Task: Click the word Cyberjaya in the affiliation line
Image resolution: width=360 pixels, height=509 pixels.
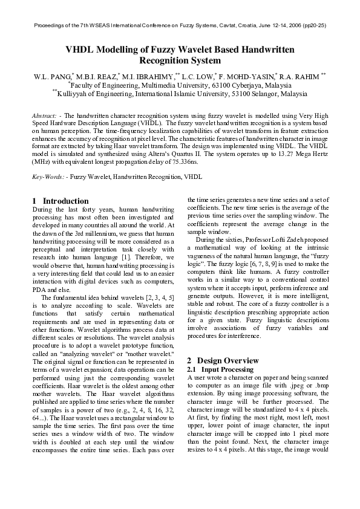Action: [223, 86]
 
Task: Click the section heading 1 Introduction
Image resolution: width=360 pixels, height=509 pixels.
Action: [61, 201]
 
